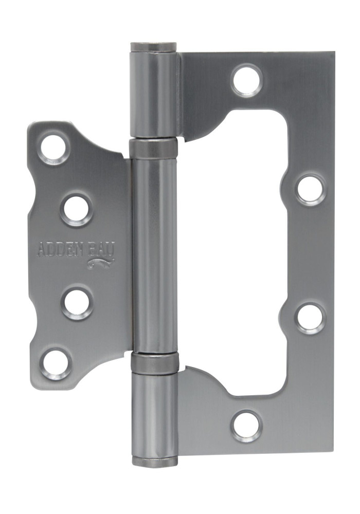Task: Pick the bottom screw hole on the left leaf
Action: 56,363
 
